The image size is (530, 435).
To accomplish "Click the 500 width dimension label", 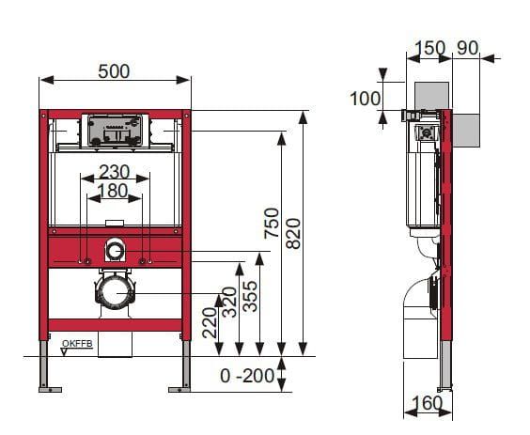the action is [x=114, y=71].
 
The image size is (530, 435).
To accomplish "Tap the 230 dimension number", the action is [x=115, y=172].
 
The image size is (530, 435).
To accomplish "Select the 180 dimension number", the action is [x=113, y=191].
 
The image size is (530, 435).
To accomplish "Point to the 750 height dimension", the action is [x=272, y=223].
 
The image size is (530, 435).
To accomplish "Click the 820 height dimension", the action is [x=293, y=234].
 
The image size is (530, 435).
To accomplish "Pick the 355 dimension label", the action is [x=250, y=296].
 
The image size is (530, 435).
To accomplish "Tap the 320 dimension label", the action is [x=229, y=302].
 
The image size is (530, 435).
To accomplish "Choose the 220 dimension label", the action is [x=210, y=323].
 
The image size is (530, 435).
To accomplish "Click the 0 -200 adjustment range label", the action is [x=247, y=376].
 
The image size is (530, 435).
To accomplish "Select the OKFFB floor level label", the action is [x=77, y=344].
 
